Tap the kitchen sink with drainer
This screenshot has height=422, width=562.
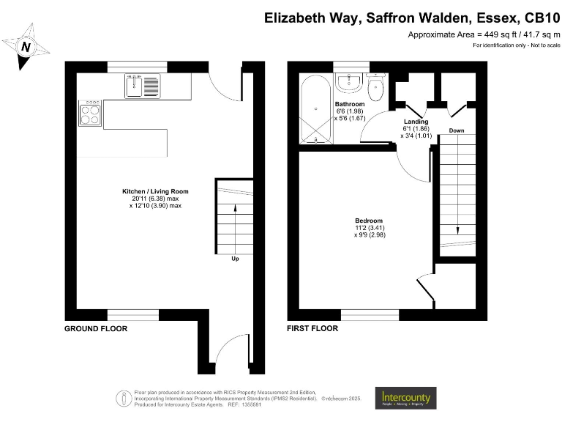(x=142, y=86)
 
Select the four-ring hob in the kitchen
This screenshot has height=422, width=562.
(x=90, y=114)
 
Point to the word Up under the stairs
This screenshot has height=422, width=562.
(x=234, y=259)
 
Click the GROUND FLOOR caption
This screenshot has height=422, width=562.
(x=96, y=329)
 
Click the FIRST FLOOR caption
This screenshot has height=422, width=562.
(x=312, y=329)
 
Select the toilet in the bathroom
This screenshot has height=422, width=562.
(x=376, y=89)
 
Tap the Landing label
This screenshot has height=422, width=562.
(x=416, y=122)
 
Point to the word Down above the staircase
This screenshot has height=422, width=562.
(x=456, y=131)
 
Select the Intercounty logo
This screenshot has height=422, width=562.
(x=405, y=398)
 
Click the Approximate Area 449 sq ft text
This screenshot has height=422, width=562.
(x=484, y=34)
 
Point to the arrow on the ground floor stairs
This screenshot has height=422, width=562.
(x=234, y=210)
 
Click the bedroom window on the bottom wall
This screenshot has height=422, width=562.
(x=370, y=315)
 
